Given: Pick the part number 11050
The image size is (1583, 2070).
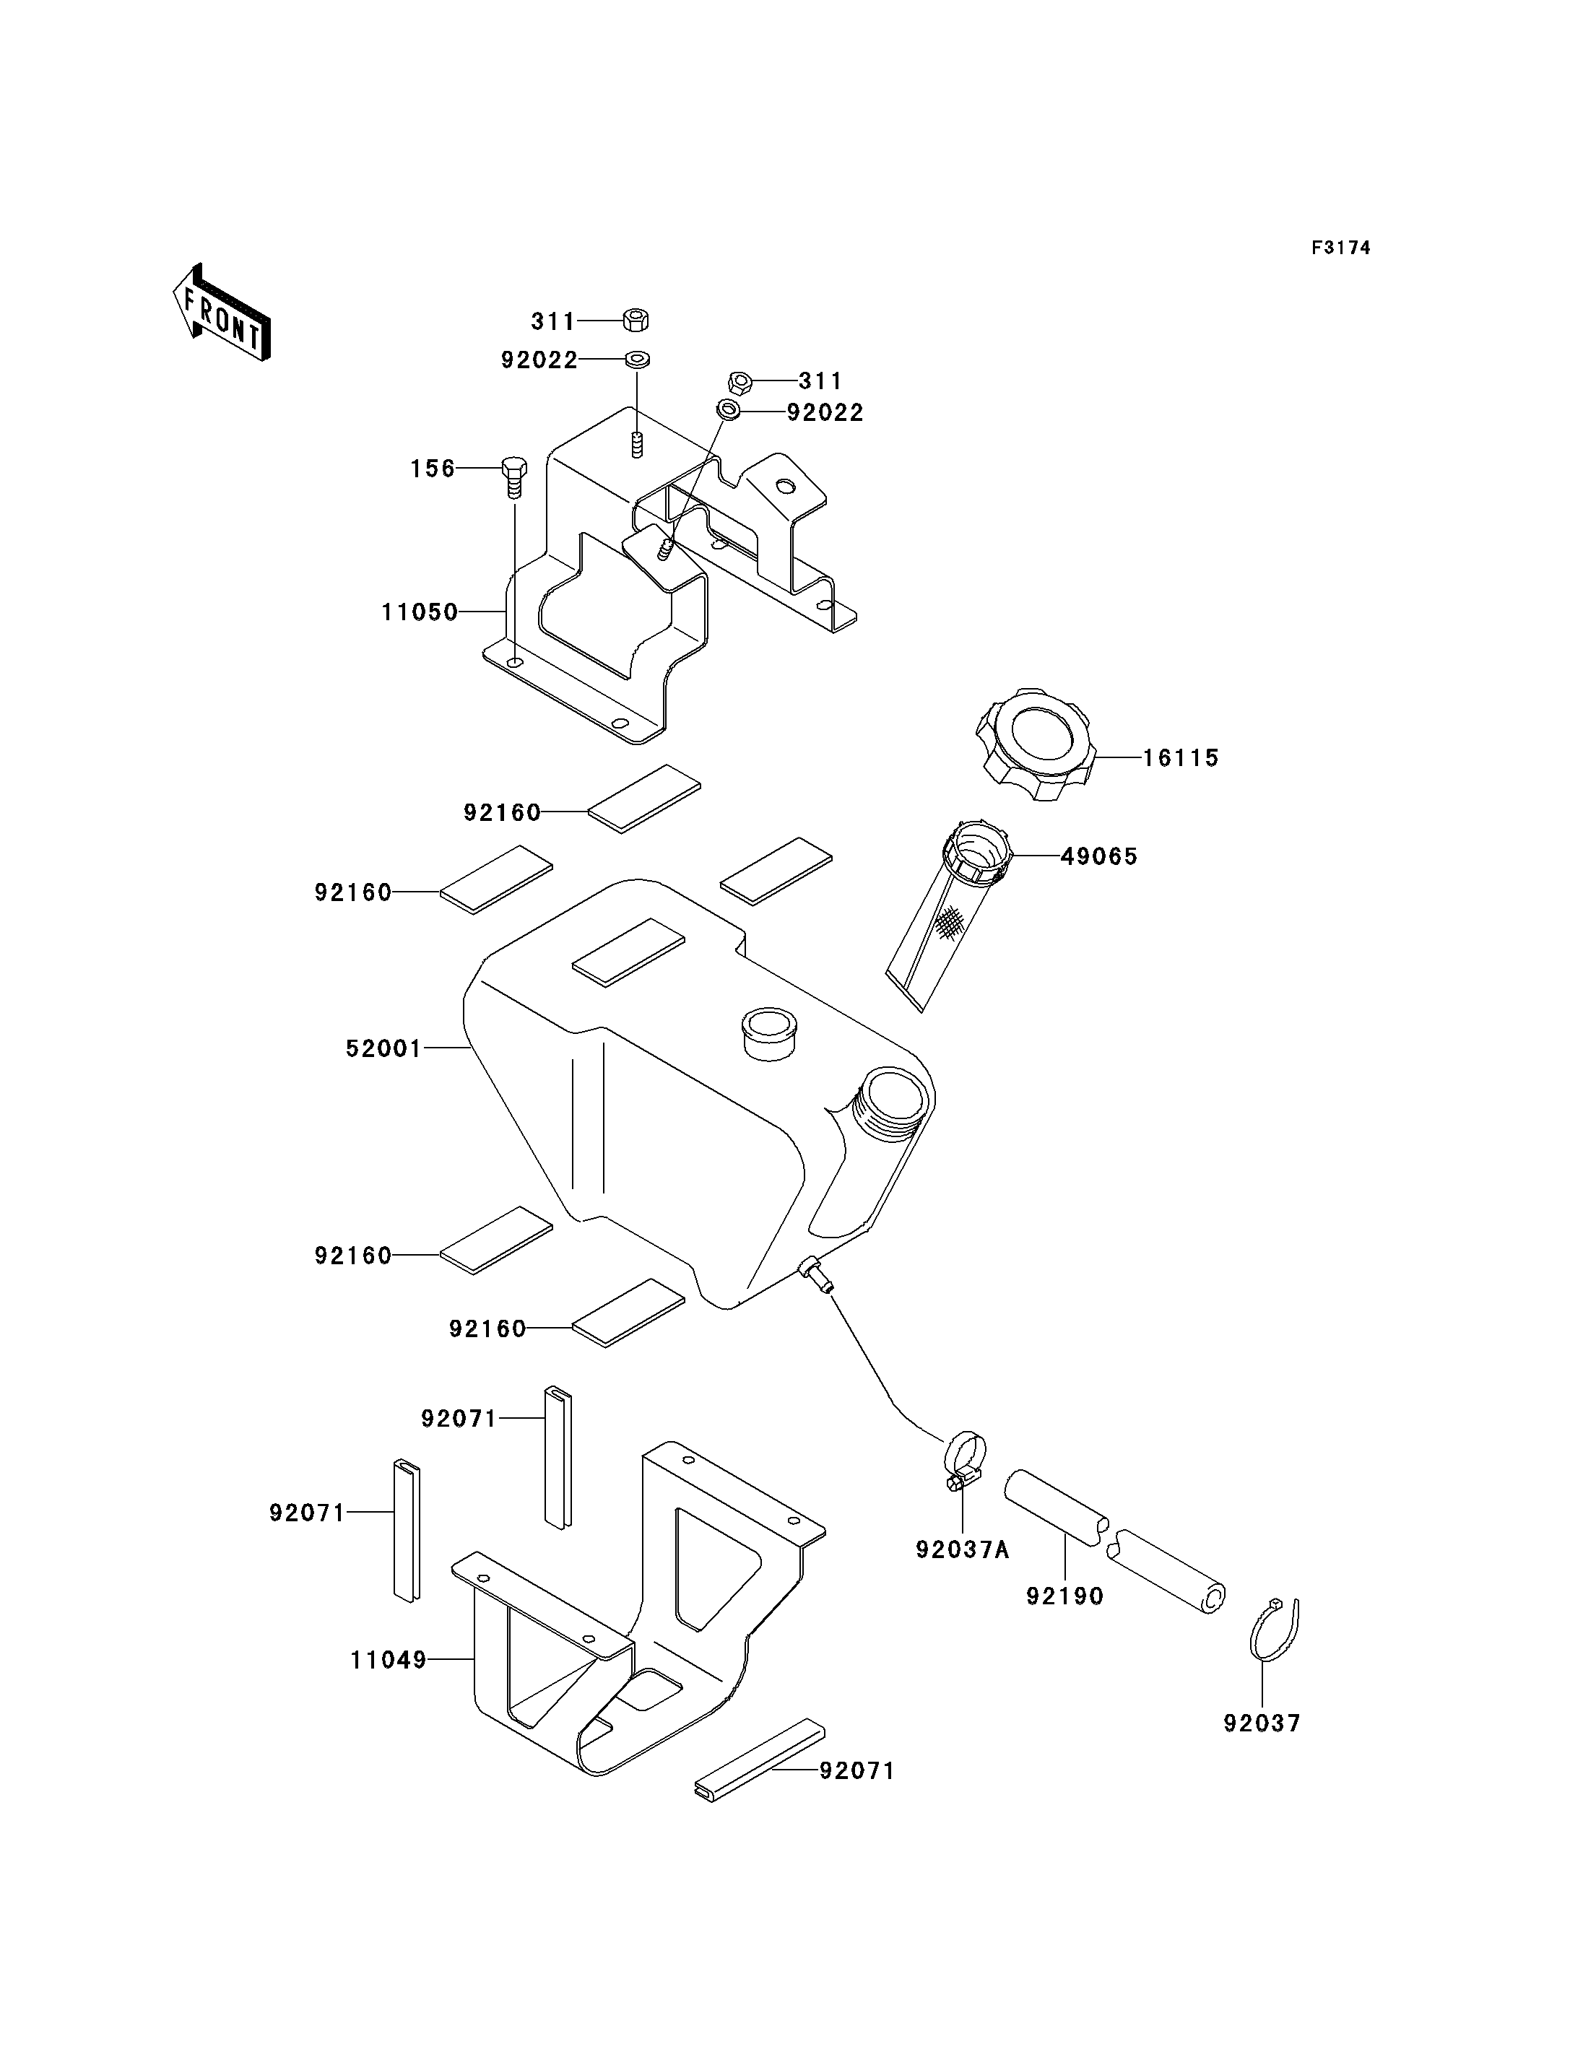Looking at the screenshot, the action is click(x=420, y=612).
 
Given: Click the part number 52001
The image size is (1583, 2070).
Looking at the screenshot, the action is click(x=383, y=1048).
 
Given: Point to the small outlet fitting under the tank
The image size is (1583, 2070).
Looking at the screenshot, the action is click(x=816, y=1277).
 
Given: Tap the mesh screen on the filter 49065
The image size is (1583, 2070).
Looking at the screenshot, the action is click(x=952, y=921).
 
